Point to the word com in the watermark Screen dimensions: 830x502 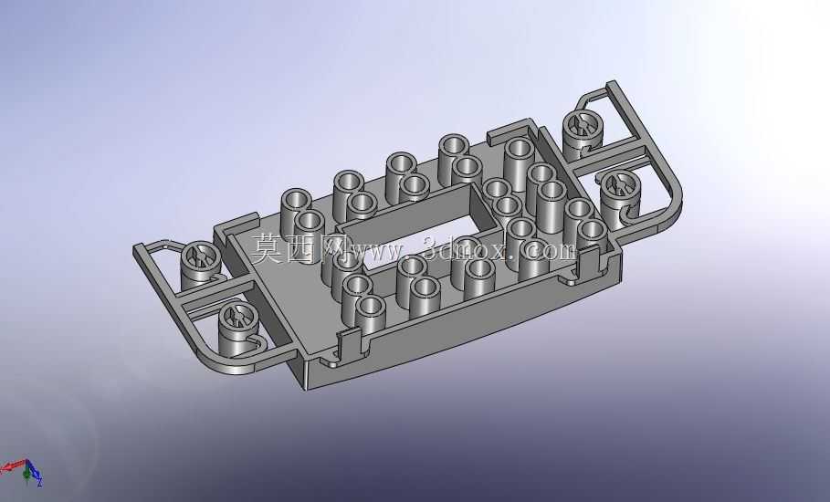[551, 250]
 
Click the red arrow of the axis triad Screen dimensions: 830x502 [13, 466]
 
